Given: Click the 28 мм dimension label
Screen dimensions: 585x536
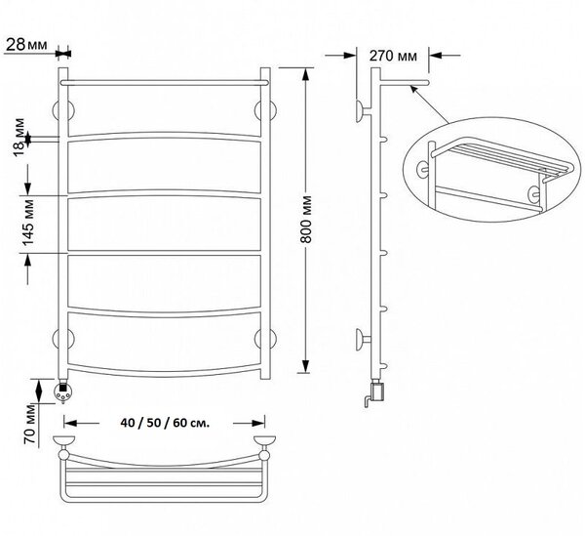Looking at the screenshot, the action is [x=27, y=45].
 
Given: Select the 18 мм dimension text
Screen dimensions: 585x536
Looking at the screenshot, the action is [x=20, y=138].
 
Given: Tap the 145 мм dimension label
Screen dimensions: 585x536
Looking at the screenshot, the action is [x=28, y=223].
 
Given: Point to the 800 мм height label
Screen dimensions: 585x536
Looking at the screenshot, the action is [x=306, y=220].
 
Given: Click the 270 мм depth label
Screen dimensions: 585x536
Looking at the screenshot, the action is [x=393, y=56].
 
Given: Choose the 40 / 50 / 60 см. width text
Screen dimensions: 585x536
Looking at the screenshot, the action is [x=165, y=423].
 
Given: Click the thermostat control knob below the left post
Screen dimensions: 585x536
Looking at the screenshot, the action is [x=63, y=392].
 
